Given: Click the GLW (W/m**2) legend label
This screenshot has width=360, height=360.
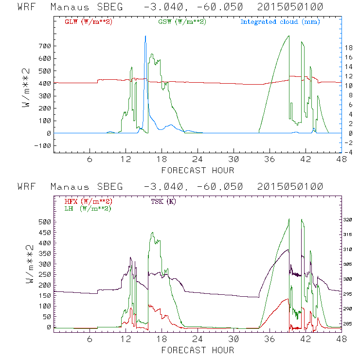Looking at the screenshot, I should [87, 22].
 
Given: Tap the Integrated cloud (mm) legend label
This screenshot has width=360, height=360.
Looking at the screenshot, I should [280, 22].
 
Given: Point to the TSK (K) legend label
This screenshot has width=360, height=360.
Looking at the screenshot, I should [163, 201].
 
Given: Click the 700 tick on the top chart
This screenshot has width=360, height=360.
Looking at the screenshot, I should [45, 46].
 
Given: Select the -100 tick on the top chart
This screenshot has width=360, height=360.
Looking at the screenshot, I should [43, 145].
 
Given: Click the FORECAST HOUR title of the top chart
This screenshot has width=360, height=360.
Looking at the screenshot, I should [198, 170].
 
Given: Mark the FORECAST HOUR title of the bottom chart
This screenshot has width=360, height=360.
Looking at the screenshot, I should [198, 349].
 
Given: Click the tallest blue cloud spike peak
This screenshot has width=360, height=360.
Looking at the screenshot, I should [145, 36].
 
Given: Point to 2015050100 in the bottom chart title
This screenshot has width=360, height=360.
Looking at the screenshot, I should [292, 187].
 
